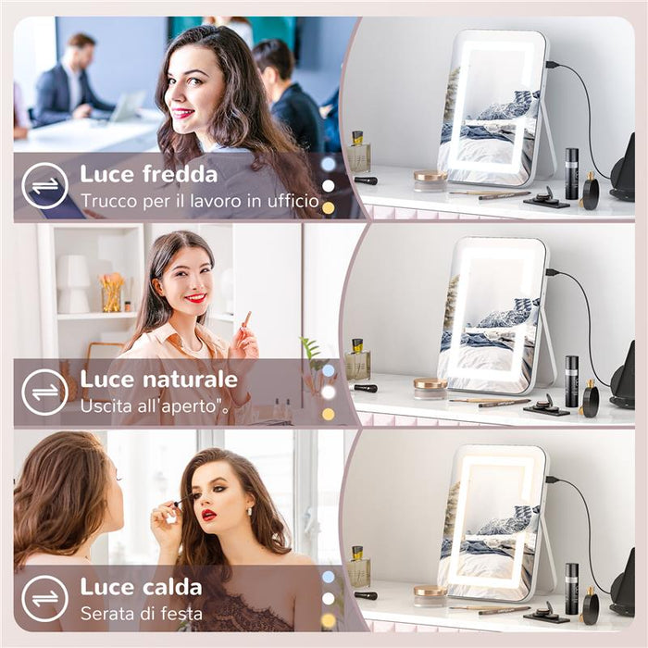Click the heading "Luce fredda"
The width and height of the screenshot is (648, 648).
(148, 174)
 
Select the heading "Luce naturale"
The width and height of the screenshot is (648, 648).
(158, 380)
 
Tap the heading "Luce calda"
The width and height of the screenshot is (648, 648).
(140, 586)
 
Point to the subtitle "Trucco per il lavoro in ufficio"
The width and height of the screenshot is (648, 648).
(185, 200)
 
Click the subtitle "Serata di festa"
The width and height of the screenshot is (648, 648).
(141, 612)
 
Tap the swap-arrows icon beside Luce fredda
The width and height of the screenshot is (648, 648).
(44, 186)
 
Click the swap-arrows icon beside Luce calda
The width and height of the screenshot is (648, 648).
(44, 598)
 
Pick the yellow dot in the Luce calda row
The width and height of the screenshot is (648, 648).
(328, 619)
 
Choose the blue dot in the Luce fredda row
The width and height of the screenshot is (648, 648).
(328, 164)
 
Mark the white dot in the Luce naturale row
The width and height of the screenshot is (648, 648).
(328, 392)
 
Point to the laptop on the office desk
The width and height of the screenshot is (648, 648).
(126, 106)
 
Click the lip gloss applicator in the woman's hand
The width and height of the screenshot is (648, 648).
(245, 321)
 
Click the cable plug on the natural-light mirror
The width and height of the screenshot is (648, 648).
(553, 272)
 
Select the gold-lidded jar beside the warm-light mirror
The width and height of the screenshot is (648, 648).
(430, 592)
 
